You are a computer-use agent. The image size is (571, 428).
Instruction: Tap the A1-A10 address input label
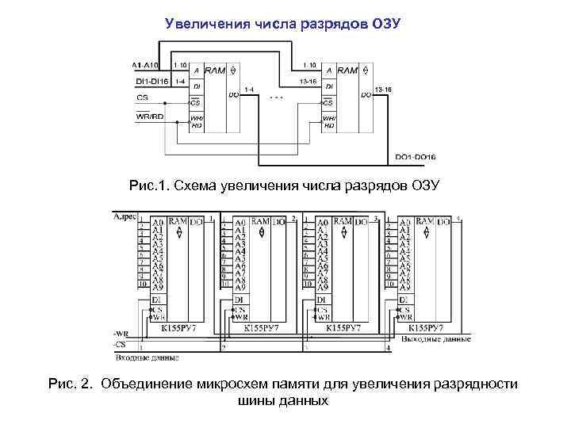[146, 64]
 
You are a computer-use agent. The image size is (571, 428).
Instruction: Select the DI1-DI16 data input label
[148, 81]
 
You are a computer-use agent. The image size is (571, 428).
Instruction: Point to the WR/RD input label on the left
[150, 116]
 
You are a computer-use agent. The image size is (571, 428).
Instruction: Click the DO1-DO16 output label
[416, 156]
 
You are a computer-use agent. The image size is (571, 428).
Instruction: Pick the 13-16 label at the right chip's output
[382, 90]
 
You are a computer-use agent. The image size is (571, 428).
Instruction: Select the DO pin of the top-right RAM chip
[366, 95]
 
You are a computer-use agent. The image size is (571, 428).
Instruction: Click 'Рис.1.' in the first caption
[149, 185]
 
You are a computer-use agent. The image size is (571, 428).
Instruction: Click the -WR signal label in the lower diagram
[121, 334]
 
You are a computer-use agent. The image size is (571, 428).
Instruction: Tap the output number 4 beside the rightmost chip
[458, 217]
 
